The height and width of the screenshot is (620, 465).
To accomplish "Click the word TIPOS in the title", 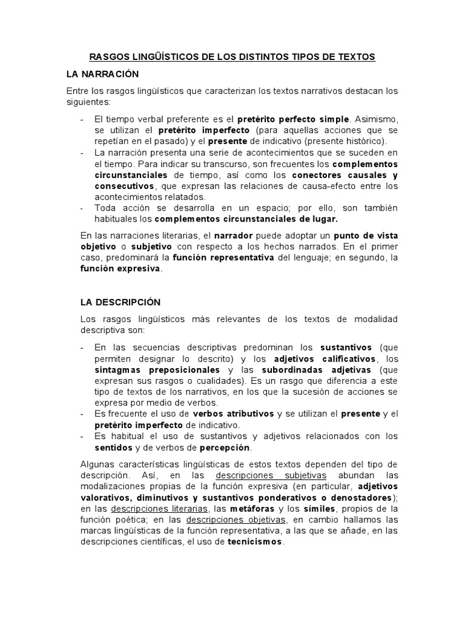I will click(x=309, y=57).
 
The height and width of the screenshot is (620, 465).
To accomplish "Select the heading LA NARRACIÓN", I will click(x=102, y=74).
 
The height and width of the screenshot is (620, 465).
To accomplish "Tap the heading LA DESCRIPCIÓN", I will click(x=120, y=302).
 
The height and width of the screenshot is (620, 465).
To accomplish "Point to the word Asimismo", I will click(x=376, y=119).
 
